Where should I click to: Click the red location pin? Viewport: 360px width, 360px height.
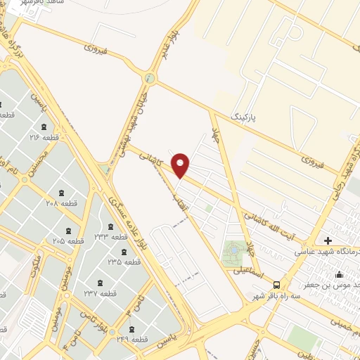[181, 165]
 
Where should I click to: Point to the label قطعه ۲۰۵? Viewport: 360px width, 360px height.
[68, 240]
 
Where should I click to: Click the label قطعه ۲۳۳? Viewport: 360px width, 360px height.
[110, 237]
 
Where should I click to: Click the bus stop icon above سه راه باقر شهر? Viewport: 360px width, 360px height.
[276, 285]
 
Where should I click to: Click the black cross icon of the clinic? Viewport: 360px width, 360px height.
[328, 240]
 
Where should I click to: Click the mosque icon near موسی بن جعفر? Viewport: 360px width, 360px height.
[340, 274]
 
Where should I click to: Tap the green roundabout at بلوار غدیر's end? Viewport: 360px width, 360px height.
[150, 78]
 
